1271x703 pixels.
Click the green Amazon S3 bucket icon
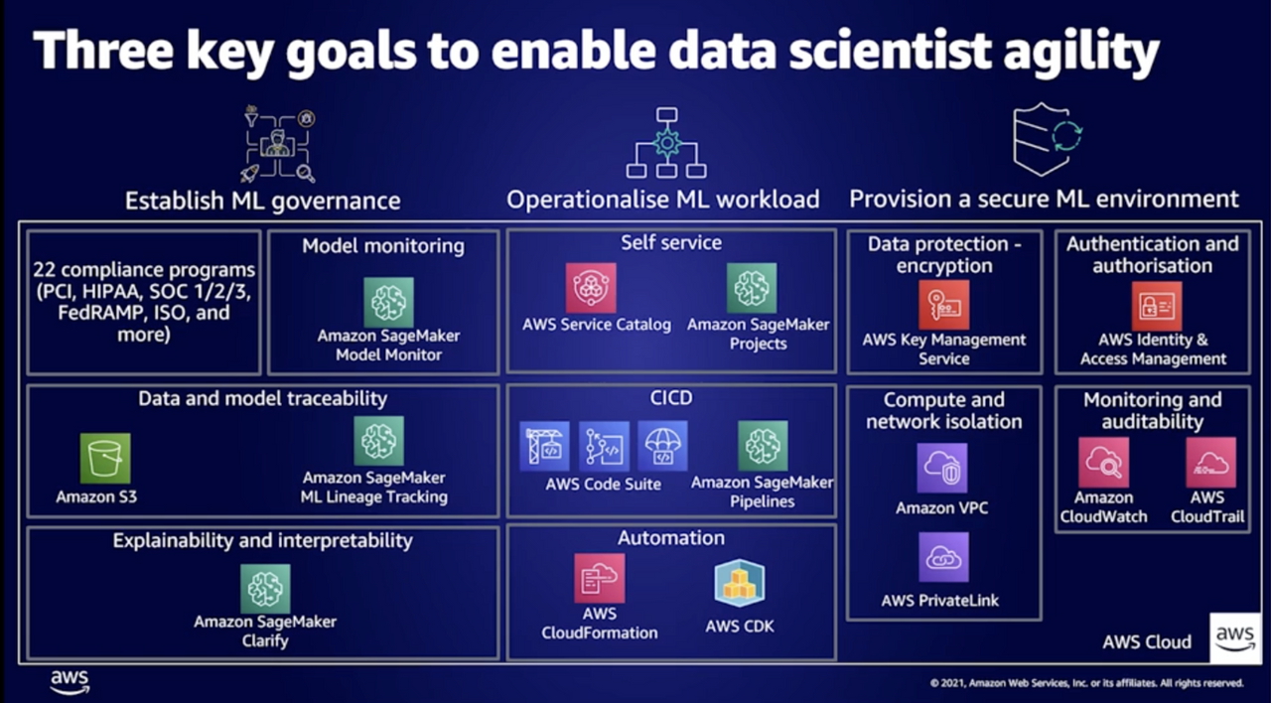coord(105,458)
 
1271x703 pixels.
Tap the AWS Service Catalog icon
coord(591,288)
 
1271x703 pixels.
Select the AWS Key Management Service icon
coord(943,304)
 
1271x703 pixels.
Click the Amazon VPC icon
coord(942,468)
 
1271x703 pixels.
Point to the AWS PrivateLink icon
coord(942,557)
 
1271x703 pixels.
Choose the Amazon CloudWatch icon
coord(1103,462)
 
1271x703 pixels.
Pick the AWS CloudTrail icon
coord(1210,462)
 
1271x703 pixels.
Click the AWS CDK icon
coord(740,583)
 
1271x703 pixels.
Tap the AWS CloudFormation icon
coord(600,578)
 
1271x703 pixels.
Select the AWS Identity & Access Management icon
coord(1157,306)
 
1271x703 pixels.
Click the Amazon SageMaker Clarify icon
coord(265,589)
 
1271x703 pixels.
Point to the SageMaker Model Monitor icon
coord(388,302)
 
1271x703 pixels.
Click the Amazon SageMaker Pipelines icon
coord(763,445)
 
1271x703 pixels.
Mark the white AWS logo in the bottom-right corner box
coord(1235,637)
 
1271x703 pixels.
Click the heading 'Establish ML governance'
coord(262,201)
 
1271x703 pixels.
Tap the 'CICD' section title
coord(670,399)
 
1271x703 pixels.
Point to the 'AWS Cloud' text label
coord(1146,641)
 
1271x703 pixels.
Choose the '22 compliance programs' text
coord(144,270)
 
